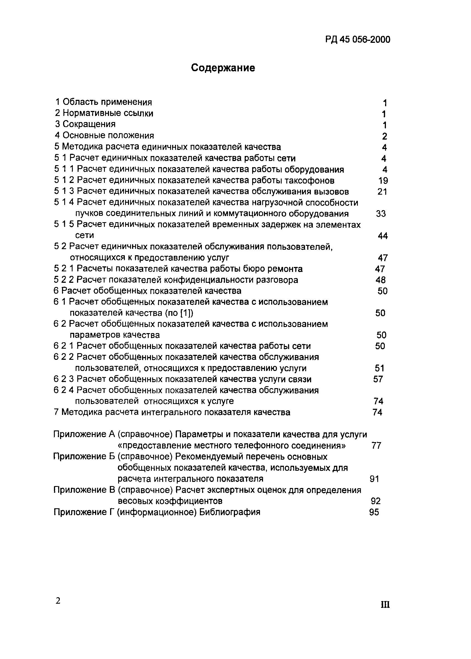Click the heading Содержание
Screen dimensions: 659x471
223,68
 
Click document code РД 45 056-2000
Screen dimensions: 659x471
357,39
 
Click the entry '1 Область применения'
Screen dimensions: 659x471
103,102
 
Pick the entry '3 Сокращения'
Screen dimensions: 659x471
85,124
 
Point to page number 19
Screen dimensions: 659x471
383,181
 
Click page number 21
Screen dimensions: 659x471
383,192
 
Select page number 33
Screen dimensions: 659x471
381,214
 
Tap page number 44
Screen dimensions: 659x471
383,236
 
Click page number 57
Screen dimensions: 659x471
378,379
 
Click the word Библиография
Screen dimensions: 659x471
230,512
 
